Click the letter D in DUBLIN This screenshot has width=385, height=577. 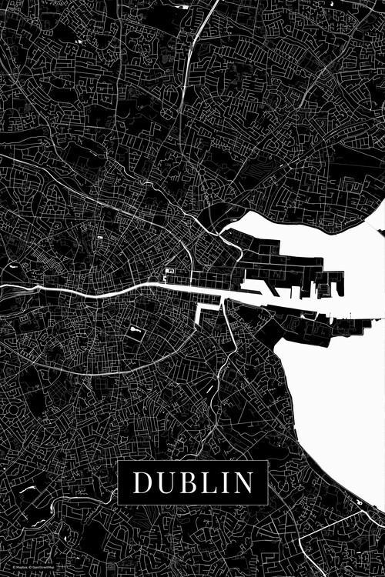click(143, 482)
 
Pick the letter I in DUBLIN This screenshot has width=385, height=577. click(222, 482)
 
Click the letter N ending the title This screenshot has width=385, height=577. click(241, 482)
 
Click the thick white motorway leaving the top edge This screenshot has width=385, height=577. click(199, 23)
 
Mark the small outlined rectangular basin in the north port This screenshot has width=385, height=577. click(324, 289)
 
